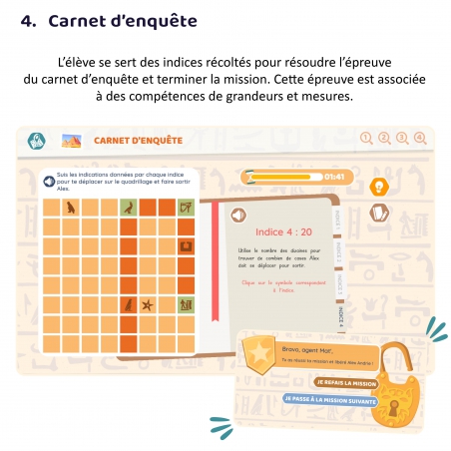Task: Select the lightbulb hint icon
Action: coord(378,187)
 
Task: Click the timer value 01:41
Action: coord(334,177)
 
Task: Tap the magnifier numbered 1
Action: coord(366,139)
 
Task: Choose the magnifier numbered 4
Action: coord(419,139)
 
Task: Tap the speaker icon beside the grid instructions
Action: coord(48,181)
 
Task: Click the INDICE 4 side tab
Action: coord(340,314)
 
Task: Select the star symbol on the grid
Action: coord(147,304)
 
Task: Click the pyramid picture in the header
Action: coord(72,141)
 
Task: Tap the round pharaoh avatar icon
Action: coord(36,141)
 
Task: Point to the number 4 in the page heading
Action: coord(27,19)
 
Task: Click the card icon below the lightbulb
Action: coord(378,213)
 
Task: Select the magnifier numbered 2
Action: coord(384,139)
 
